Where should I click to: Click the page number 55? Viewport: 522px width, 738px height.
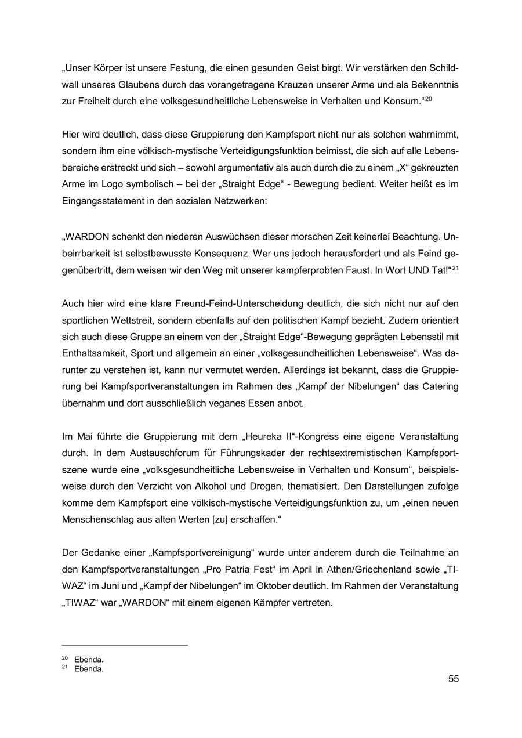pos(453,679)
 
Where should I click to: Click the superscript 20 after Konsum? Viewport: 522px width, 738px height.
pos(429,99)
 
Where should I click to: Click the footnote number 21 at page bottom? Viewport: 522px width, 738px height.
pos(64,668)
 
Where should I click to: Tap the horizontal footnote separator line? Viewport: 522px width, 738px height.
pos(125,645)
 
